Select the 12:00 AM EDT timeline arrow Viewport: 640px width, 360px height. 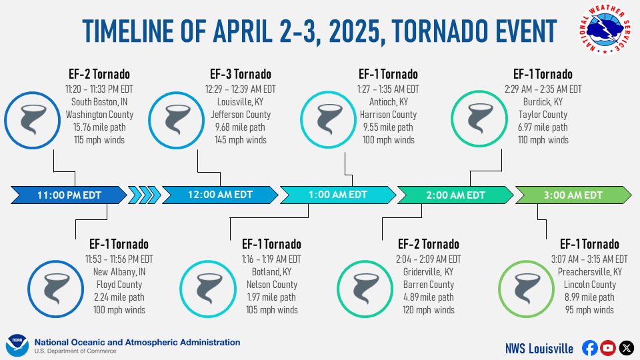click(220, 195)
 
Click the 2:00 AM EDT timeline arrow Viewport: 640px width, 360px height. click(455, 195)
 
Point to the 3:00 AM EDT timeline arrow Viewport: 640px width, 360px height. click(574, 195)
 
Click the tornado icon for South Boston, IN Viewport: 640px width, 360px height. click(32, 121)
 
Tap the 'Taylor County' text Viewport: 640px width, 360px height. click(543, 115)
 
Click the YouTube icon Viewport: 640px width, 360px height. click(607, 347)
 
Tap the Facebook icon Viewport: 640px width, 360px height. click(589, 347)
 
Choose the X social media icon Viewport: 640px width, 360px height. click(625, 347)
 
